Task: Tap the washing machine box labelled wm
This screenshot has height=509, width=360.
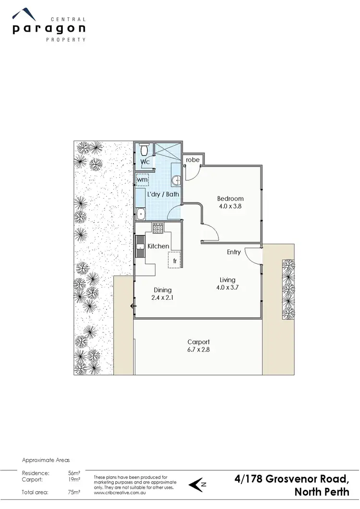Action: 143,179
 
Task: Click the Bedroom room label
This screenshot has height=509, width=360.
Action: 230,199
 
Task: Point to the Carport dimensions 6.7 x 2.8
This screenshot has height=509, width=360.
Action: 198,350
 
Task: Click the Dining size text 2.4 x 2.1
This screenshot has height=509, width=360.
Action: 163,298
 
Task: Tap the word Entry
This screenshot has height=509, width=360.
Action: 234,252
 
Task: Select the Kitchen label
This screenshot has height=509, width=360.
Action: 158,246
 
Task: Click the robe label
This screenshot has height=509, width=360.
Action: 192,160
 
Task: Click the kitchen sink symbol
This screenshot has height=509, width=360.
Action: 140,246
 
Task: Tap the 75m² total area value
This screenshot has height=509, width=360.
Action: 74,492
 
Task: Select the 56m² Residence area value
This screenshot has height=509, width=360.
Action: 74,473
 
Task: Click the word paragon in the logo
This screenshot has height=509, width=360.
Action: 49,29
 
